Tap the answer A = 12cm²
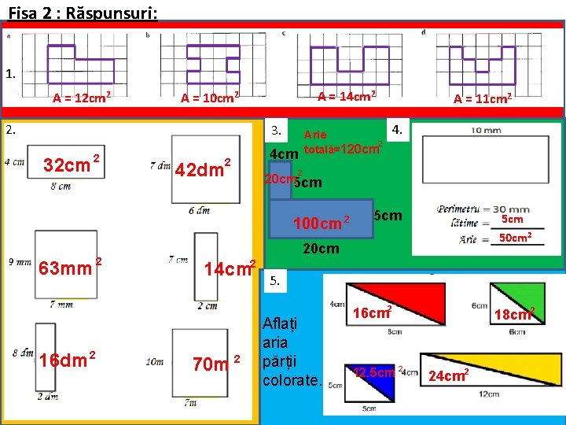pos(80,98)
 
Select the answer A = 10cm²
pos(209,98)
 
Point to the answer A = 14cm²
pos(346,95)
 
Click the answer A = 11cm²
pos(483,98)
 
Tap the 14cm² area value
pos(229,268)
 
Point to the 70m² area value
pos(215,364)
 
